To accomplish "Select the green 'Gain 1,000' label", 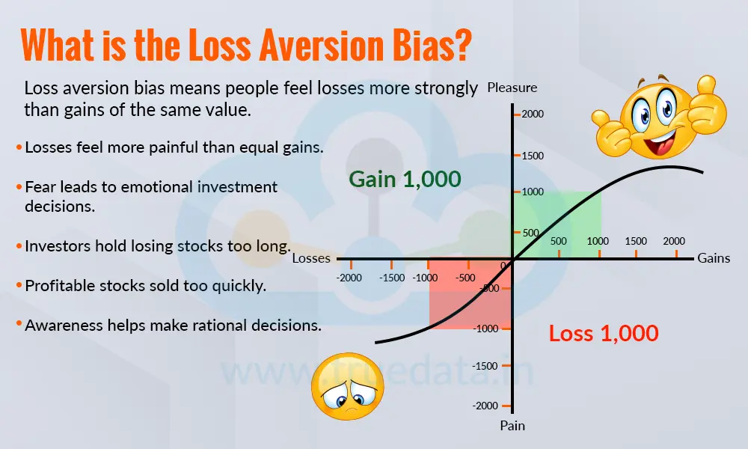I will click(405, 179).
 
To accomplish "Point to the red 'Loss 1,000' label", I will click(604, 333).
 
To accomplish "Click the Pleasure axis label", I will click(512, 88).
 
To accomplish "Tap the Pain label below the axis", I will click(512, 426).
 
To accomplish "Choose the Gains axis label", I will click(714, 258).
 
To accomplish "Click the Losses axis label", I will click(311, 258).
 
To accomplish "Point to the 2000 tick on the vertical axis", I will click(533, 114).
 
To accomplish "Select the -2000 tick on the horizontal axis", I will click(349, 277).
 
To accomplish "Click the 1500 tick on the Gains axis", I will click(636, 241).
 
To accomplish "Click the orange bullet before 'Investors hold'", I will click(19, 245).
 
